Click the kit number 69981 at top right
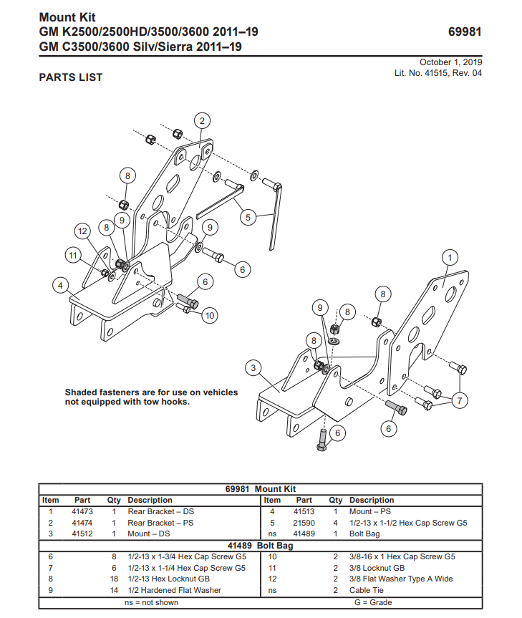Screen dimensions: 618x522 coord(464,32)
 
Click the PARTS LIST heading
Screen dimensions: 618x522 coord(71,77)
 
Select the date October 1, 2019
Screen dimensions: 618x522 coord(450,62)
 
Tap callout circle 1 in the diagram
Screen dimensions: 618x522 coord(450,256)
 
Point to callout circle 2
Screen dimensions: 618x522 coord(202,120)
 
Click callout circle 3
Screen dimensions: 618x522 coord(253,368)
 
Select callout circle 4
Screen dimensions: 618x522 coord(62,286)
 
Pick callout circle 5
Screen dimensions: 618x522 coord(248,216)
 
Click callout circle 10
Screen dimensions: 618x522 coord(209,314)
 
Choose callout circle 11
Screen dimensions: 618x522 coord(72,254)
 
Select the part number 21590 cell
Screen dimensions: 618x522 coord(304,523)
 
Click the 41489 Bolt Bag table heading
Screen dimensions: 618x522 coord(260,546)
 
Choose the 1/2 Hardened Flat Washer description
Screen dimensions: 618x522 coord(174,590)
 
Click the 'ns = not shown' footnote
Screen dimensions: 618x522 coord(151,602)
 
